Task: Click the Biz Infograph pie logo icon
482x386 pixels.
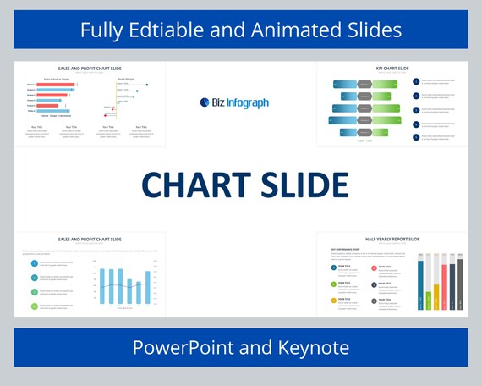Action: (x=204, y=102)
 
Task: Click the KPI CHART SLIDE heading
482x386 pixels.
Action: (x=392, y=69)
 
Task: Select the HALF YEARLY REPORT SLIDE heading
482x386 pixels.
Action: (x=392, y=240)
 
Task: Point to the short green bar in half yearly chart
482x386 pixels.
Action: (x=428, y=301)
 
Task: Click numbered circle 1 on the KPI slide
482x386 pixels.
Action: (x=416, y=81)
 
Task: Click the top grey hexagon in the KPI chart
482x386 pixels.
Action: (x=364, y=84)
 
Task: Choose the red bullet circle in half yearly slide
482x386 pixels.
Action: (x=374, y=268)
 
